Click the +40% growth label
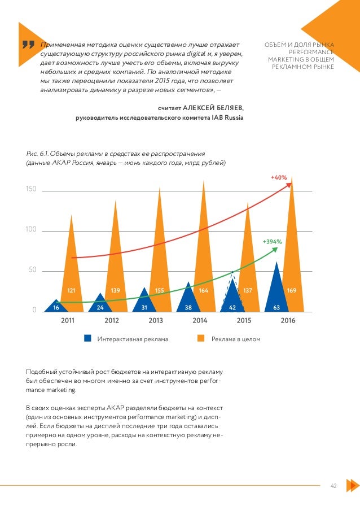point(279,177)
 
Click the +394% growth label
point(272,241)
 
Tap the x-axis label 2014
point(199,320)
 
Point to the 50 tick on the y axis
point(32,270)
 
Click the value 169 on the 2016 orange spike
point(291,290)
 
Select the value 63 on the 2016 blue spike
point(276,308)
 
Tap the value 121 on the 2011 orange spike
point(72,290)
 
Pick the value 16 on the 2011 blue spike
point(56,308)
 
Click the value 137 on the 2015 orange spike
point(247,290)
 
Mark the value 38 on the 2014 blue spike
point(188,308)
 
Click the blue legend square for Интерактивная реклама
point(87,339)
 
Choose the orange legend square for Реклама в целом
point(201,339)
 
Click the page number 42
point(334,485)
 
